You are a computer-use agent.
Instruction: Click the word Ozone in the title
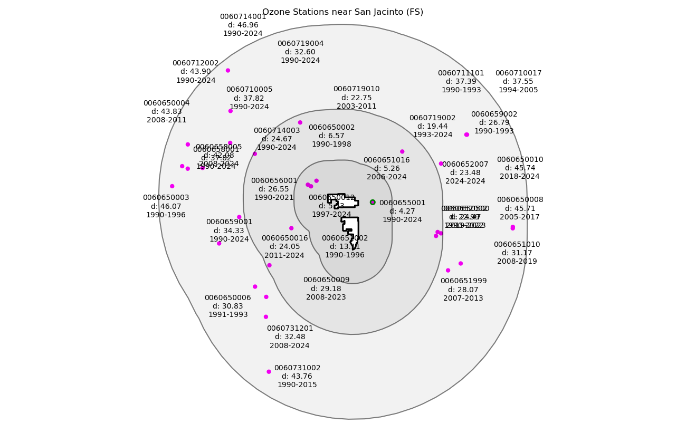click(274, 12)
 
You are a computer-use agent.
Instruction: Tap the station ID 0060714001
click(243, 17)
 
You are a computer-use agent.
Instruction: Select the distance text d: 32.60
click(300, 52)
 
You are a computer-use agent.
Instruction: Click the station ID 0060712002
click(195, 63)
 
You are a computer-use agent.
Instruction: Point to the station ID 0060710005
click(249, 90)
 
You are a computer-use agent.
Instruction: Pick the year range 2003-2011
click(356, 107)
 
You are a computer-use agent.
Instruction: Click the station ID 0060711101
click(461, 73)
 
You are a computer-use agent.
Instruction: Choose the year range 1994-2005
click(518, 90)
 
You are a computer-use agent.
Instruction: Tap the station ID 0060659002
click(494, 114)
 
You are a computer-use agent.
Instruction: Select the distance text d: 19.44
click(432, 127)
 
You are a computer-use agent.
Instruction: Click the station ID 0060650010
click(520, 160)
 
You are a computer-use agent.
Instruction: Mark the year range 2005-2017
click(520, 217)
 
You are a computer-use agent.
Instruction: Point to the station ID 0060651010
click(517, 245)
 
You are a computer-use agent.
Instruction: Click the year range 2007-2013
click(463, 299)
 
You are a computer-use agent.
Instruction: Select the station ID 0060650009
click(326, 280)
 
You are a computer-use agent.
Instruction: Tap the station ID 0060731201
click(290, 329)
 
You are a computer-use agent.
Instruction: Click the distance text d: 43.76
click(297, 377)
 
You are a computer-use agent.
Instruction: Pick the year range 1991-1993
click(228, 315)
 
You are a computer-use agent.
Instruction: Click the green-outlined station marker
click(373, 203)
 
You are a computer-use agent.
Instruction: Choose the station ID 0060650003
click(166, 198)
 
